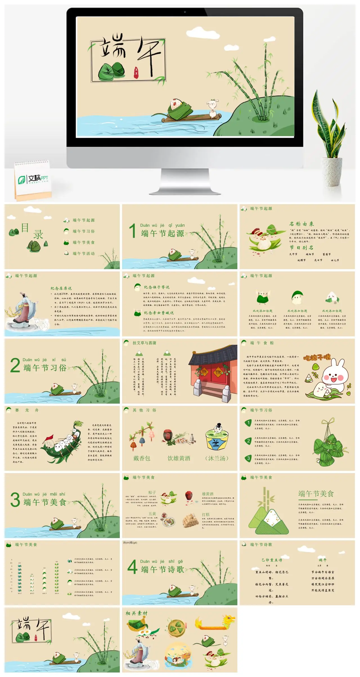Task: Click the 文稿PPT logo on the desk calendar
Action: [33, 179]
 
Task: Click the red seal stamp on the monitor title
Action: [136, 71]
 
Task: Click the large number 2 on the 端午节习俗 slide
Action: [15, 365]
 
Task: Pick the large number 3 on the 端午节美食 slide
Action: [15, 500]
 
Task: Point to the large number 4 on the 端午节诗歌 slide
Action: [132, 567]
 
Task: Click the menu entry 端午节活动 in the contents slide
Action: [84, 253]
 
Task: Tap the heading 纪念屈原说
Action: [61, 288]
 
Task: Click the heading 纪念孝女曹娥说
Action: [159, 313]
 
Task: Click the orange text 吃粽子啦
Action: [317, 357]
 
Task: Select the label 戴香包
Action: [142, 458]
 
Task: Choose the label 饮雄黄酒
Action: [179, 458]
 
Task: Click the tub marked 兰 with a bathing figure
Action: [217, 439]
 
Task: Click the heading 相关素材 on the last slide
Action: [136, 613]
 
